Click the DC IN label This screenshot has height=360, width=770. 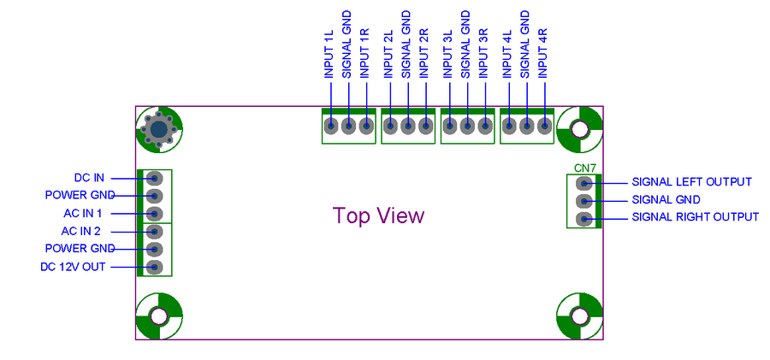pyautogui.click(x=89, y=178)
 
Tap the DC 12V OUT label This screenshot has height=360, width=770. pyautogui.click(x=73, y=267)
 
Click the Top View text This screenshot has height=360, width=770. pyautogui.click(x=378, y=215)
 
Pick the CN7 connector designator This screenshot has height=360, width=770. pyautogui.click(x=585, y=168)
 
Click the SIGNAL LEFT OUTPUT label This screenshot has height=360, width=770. pyautogui.click(x=691, y=182)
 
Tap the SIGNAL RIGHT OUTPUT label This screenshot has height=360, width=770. pyautogui.click(x=695, y=217)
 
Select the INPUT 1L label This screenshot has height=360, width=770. pyautogui.click(x=329, y=54)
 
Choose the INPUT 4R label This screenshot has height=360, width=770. pyautogui.click(x=542, y=53)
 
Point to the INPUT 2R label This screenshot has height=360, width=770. pyautogui.click(x=424, y=53)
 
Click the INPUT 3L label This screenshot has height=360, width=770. pyautogui.click(x=447, y=54)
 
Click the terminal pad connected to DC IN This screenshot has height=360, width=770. pyautogui.click(x=154, y=178)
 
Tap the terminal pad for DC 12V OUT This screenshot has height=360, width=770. pyautogui.click(x=154, y=267)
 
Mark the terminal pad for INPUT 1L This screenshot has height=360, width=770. pyautogui.click(x=331, y=126)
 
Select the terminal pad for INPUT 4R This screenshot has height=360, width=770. pyautogui.click(x=543, y=126)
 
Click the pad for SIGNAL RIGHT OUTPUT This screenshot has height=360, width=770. pyautogui.click(x=583, y=219)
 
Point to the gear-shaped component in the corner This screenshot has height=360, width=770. pyautogui.click(x=158, y=129)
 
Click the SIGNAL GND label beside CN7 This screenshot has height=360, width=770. pyautogui.click(x=666, y=200)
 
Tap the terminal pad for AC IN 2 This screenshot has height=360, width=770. pyautogui.click(x=154, y=232)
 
